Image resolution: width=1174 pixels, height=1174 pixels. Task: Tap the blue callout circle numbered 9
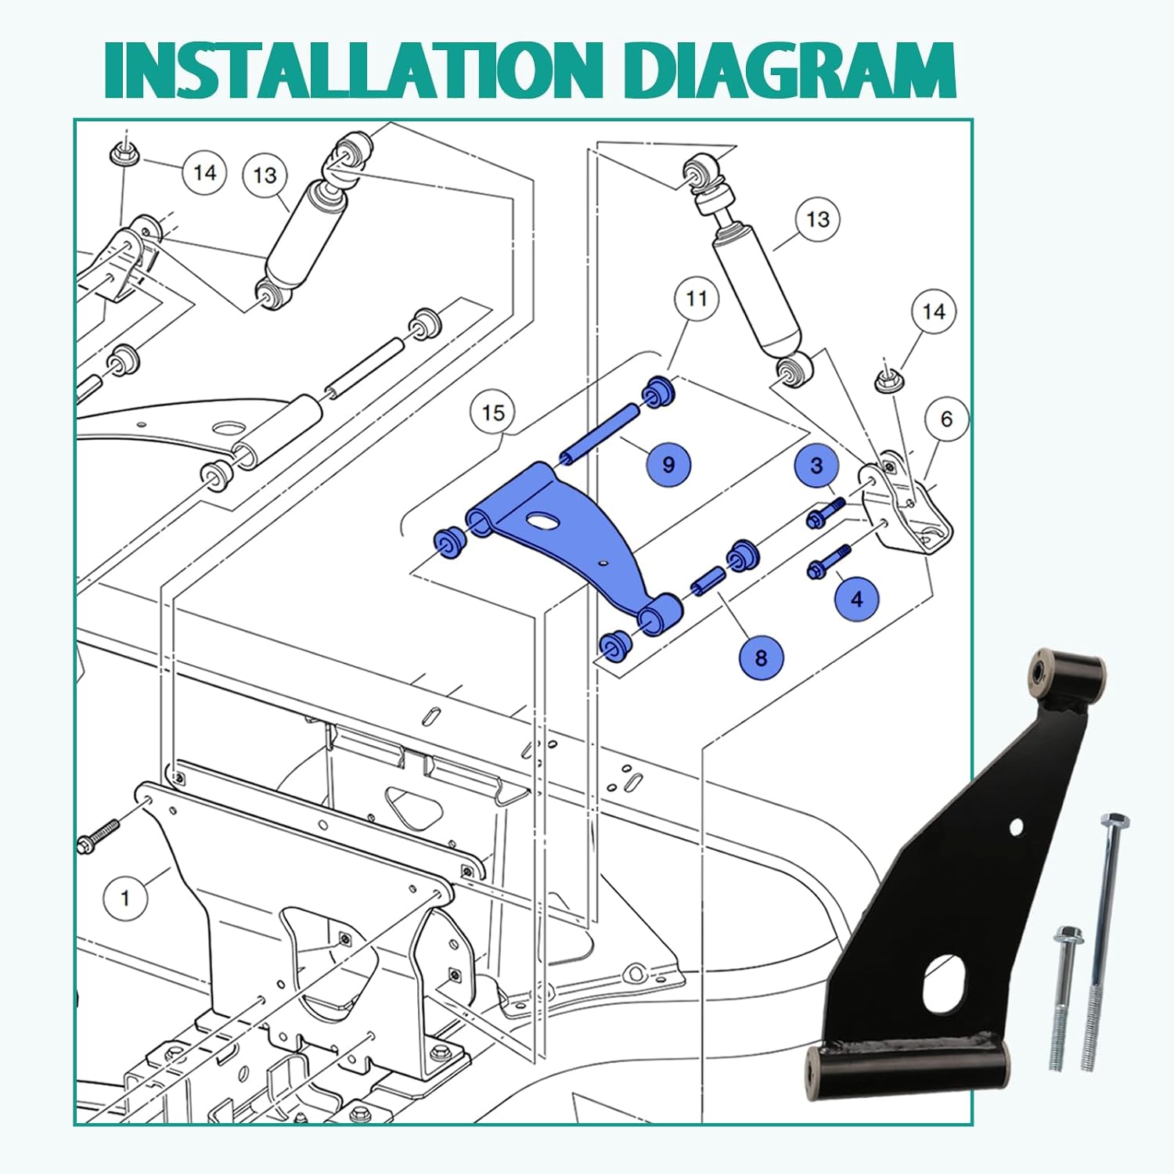(x=668, y=464)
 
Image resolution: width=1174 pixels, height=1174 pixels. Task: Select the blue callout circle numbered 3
(x=816, y=466)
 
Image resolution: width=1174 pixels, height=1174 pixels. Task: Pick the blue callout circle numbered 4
(x=857, y=599)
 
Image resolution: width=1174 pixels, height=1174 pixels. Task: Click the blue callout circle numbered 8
(x=761, y=657)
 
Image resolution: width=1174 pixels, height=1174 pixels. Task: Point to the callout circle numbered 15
(x=493, y=412)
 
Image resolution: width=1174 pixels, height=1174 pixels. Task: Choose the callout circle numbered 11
(x=697, y=298)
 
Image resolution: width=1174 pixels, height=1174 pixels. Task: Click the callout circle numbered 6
(x=946, y=420)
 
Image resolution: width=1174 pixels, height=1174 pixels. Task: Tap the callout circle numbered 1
(x=125, y=898)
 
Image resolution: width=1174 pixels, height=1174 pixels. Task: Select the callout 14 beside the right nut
(x=934, y=312)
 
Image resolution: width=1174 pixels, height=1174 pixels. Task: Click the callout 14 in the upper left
(x=204, y=172)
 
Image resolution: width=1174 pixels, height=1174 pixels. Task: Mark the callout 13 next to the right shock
(x=818, y=219)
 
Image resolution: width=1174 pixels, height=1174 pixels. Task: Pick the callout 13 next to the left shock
(x=265, y=175)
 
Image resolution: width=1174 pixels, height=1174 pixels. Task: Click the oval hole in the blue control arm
(x=540, y=520)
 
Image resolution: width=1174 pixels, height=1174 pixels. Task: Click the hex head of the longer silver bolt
(x=1115, y=824)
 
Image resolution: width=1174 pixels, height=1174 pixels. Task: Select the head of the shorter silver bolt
(x=1067, y=935)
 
